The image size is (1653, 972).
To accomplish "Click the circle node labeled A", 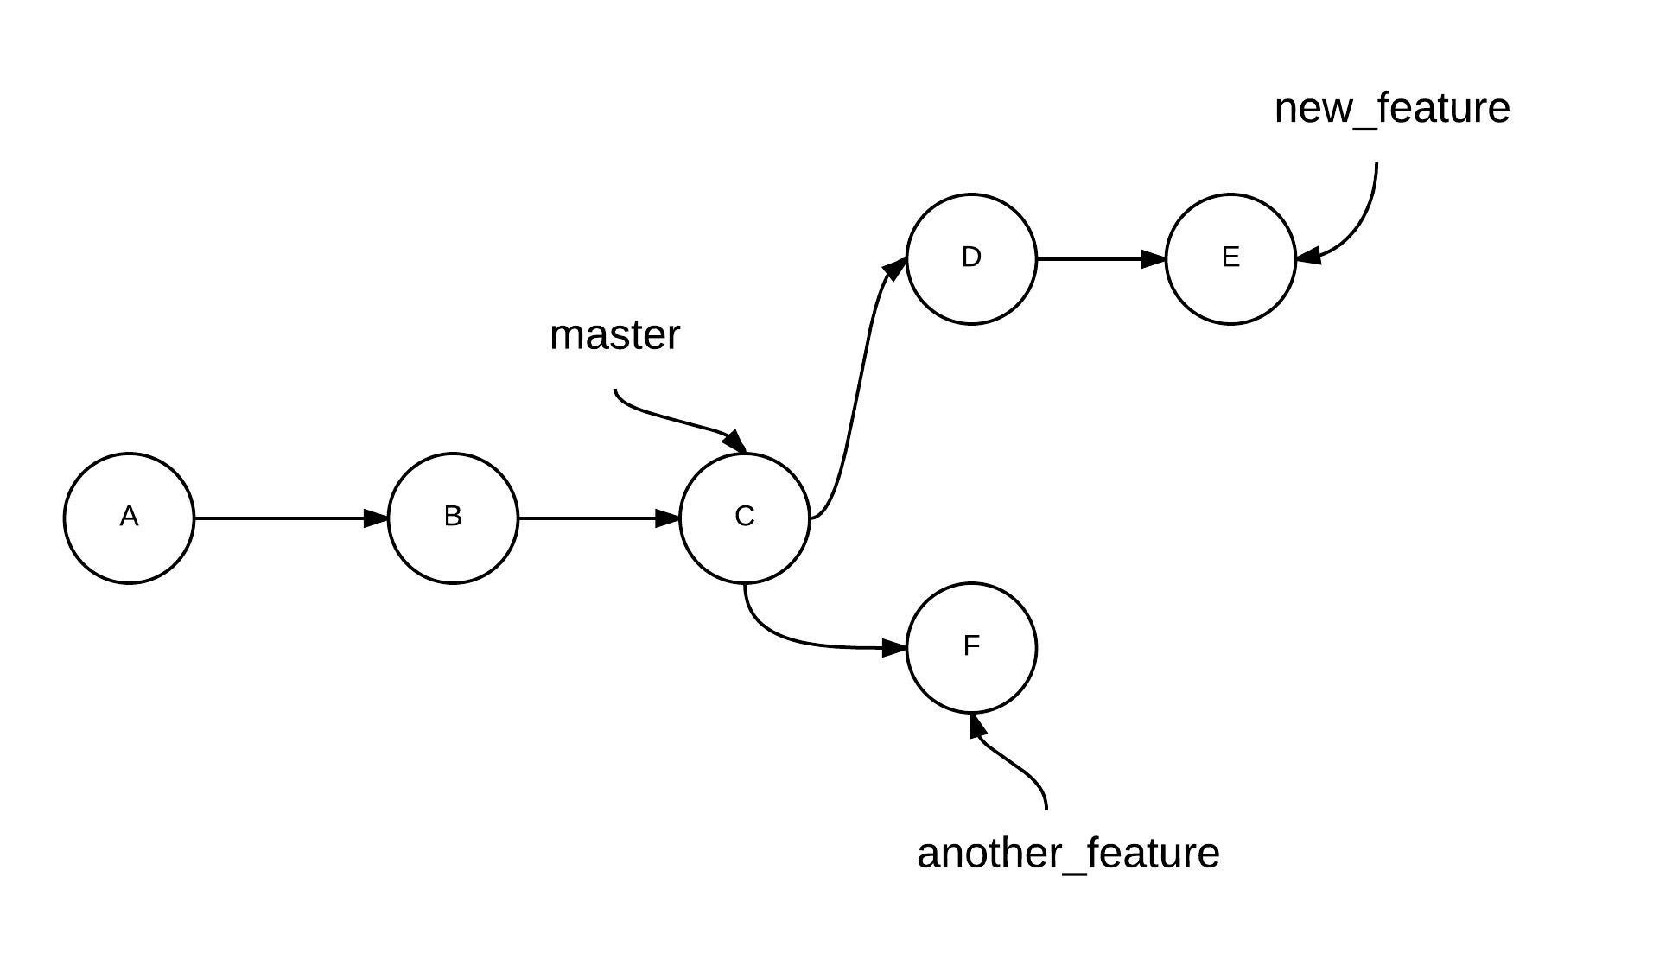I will pos(129,518).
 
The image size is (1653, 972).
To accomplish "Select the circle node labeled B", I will pos(453,518).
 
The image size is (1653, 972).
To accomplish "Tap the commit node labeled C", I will pos(745,518).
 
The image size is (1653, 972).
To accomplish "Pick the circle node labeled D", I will pos(971,258).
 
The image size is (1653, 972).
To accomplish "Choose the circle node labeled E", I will pos(1230,258).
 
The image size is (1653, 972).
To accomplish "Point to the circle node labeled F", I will pos(971,647).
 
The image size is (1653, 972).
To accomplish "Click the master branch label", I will pos(614,335).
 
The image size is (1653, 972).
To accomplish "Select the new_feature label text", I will pos(1392,109).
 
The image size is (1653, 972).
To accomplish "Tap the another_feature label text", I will pos(1068,854).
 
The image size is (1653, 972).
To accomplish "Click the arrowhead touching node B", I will pos(377,518).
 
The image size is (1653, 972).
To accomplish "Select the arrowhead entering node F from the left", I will pos(894,647).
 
